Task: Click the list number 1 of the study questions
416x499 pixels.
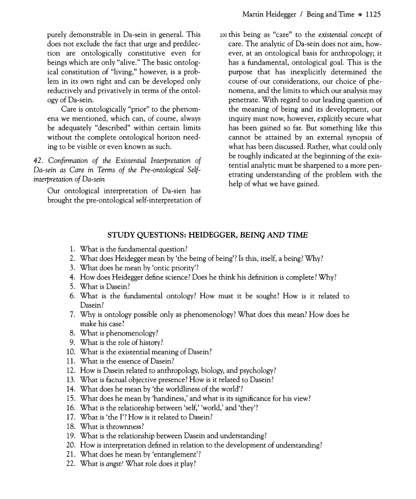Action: [x=73, y=248]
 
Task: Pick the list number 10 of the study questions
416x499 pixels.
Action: [x=71, y=352]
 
